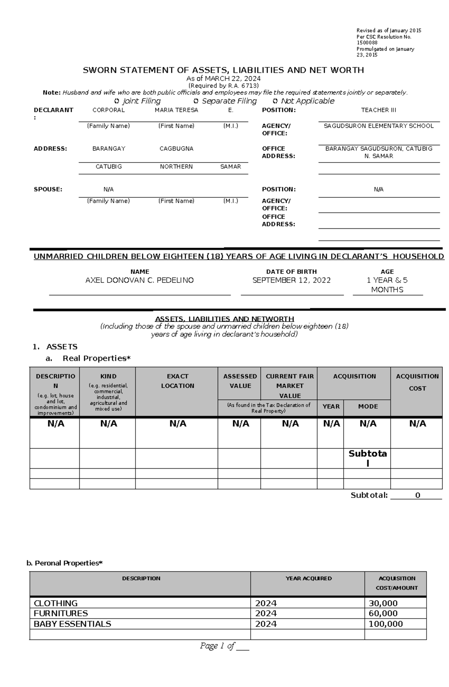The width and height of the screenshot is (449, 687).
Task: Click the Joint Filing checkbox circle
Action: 116,101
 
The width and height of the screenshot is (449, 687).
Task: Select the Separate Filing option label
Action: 229,101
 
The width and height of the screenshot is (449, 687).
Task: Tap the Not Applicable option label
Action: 307,101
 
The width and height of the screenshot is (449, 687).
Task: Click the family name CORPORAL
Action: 109,110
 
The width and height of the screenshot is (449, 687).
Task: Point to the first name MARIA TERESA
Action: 176,110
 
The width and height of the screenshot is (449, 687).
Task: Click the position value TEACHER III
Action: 378,110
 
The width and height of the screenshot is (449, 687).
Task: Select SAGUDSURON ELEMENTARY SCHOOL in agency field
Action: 378,126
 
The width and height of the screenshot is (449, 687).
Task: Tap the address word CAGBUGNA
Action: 176,149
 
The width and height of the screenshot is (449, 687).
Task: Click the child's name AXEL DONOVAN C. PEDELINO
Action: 140,280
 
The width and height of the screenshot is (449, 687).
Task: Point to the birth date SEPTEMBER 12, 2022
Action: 291,280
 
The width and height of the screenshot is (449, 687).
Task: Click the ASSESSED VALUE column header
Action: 240,381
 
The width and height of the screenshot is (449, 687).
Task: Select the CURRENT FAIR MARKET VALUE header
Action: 290,386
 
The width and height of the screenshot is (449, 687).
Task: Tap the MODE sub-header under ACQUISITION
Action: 368,406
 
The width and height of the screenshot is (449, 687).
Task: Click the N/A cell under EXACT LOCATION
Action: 178,424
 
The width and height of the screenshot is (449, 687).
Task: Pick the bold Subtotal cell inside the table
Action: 367,458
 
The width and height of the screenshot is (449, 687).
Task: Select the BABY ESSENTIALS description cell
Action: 73,624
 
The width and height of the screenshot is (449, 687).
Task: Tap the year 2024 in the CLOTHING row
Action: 266,603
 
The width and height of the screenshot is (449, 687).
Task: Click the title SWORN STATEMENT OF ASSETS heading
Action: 223,70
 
